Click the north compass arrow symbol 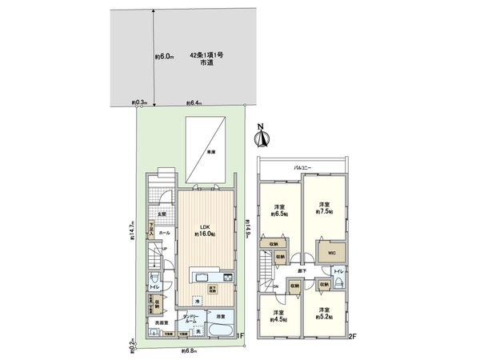[261, 138]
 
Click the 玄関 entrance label [161, 213]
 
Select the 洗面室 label [162, 322]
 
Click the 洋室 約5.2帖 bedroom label [323, 312]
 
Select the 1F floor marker [240, 337]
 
